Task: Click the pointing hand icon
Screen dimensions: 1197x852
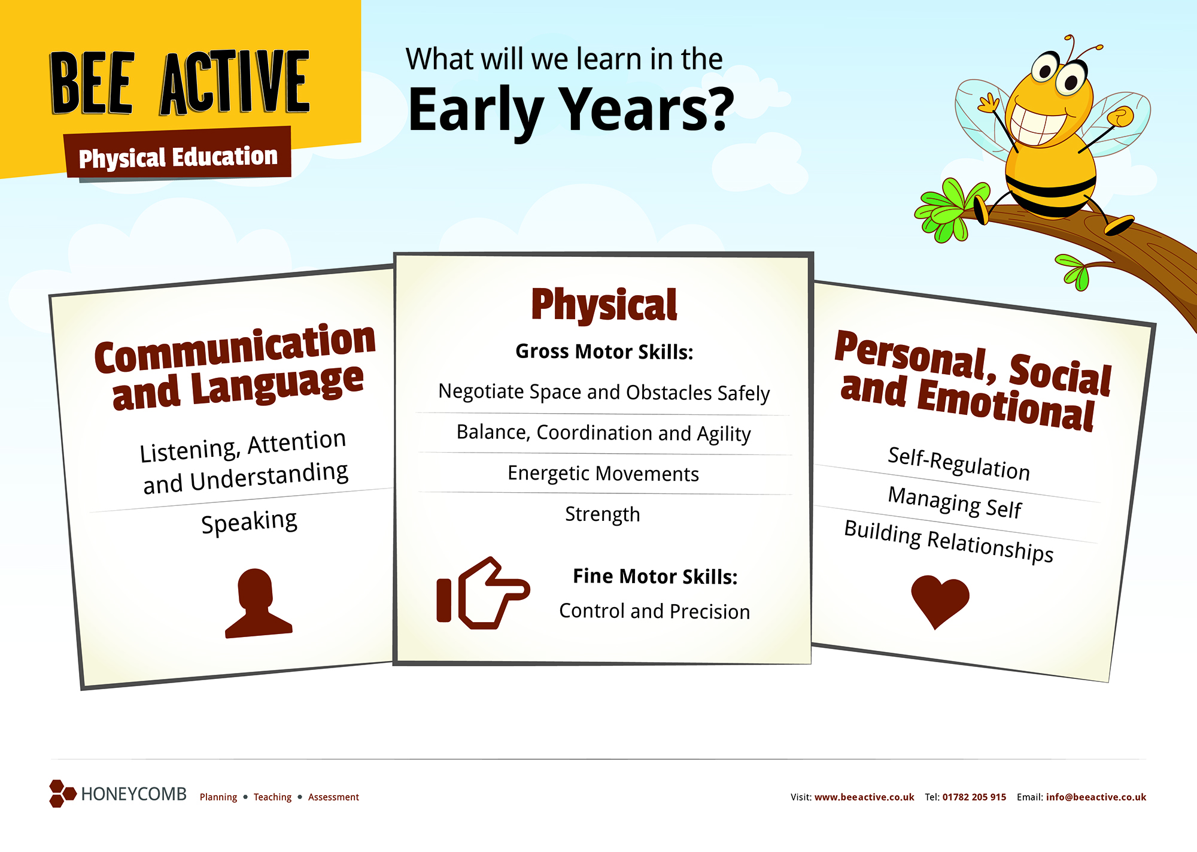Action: (x=482, y=593)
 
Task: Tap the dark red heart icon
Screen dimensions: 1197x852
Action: (x=940, y=601)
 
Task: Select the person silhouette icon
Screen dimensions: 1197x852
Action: (x=258, y=603)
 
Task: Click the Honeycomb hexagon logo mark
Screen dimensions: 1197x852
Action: (x=62, y=793)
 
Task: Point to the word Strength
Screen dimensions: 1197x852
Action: (x=603, y=514)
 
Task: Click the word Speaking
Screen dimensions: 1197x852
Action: (x=249, y=522)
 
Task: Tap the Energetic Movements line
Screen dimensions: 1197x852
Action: (x=603, y=474)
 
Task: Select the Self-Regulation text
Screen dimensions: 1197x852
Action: (x=959, y=464)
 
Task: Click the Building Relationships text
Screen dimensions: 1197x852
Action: (x=949, y=541)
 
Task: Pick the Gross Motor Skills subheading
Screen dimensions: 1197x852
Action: (x=604, y=351)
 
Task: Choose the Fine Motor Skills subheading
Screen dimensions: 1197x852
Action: (x=655, y=576)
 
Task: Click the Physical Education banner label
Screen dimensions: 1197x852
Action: (x=178, y=157)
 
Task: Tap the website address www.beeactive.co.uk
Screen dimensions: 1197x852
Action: (x=864, y=797)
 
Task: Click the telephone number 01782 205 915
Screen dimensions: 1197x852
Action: (x=974, y=797)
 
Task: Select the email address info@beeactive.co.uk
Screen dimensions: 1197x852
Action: (x=1096, y=797)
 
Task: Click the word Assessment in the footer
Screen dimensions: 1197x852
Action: (x=333, y=797)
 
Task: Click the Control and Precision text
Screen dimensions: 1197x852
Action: (x=655, y=611)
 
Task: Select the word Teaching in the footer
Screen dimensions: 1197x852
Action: (x=272, y=797)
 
